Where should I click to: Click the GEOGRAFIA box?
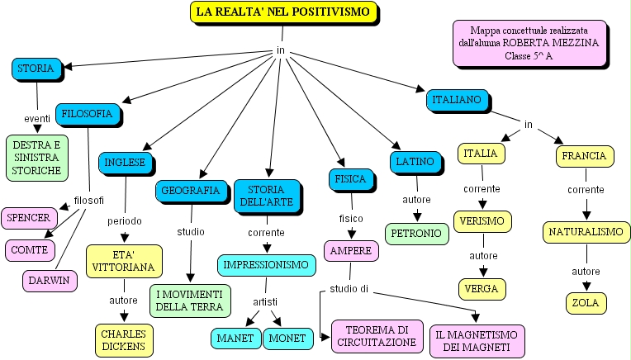[x=190, y=191]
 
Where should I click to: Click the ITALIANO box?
[x=453, y=100]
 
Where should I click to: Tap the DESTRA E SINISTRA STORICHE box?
[x=36, y=158]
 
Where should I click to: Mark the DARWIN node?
[x=50, y=281]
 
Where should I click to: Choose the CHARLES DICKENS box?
[x=123, y=340]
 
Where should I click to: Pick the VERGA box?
[x=482, y=289]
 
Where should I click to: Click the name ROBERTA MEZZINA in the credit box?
[x=564, y=42]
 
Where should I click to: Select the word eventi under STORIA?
[x=37, y=118]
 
